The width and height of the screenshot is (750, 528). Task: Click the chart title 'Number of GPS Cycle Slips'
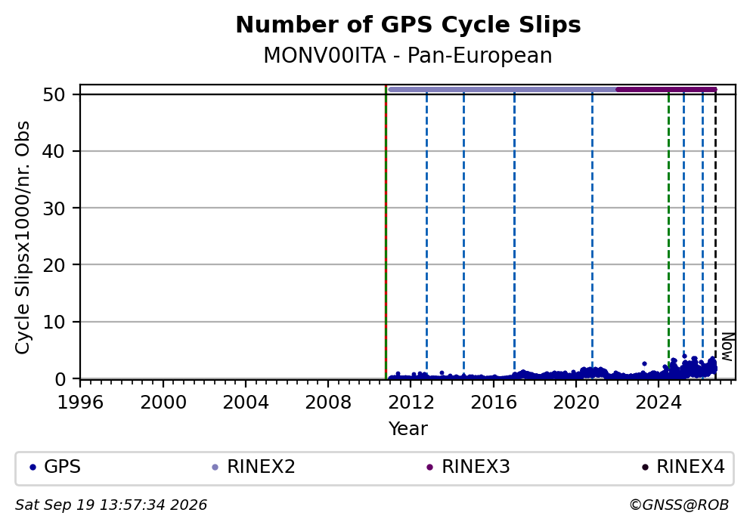pos(408,25)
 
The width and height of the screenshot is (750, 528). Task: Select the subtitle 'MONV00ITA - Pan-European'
pos(408,55)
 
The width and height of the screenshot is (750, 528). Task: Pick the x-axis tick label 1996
pos(80,403)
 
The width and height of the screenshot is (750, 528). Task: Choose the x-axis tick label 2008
pos(328,403)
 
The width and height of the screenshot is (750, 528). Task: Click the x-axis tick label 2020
pos(576,403)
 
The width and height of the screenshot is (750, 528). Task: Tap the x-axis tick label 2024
pos(659,403)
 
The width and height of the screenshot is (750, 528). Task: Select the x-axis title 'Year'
pos(408,428)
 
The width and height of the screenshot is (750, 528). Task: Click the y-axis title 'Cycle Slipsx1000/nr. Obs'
pos(22,237)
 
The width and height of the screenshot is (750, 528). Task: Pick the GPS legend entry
pos(55,467)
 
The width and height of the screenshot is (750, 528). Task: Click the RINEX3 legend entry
pos(468,467)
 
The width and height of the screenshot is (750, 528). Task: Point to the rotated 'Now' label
pos(727,347)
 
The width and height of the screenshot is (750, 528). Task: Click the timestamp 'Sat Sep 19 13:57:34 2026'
pos(111,505)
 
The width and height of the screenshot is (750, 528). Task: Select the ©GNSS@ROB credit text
pos(679,505)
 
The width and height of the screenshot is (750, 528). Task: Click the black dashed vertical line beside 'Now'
pos(715,233)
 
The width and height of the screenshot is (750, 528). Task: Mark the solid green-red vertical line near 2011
pos(386,232)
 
